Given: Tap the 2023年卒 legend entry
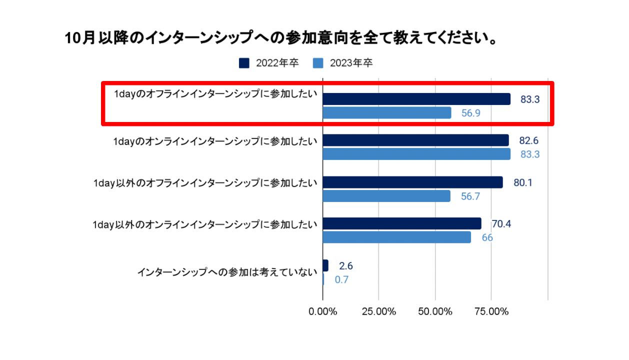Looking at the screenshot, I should (342, 63).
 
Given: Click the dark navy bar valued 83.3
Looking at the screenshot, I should (416, 99).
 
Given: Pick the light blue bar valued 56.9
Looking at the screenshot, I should (387, 113).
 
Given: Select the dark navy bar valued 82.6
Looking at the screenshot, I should (415, 140).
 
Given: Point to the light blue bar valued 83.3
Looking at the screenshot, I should (416, 154).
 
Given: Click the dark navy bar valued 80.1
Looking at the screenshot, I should (412, 182).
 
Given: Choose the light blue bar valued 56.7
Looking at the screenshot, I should (386, 196).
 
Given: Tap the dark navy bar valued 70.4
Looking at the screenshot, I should (402, 223).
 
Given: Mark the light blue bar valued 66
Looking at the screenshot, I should (397, 237).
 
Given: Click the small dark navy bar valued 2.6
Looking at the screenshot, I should (325, 265).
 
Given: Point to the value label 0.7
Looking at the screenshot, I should (341, 280).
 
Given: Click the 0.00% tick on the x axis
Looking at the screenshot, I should (323, 311).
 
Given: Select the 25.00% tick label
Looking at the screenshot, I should (379, 311).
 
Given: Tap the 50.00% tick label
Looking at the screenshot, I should (435, 311).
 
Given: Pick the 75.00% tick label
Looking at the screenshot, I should (491, 311).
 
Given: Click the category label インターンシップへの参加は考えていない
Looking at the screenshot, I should (227, 272).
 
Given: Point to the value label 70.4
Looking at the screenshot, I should (501, 223).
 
